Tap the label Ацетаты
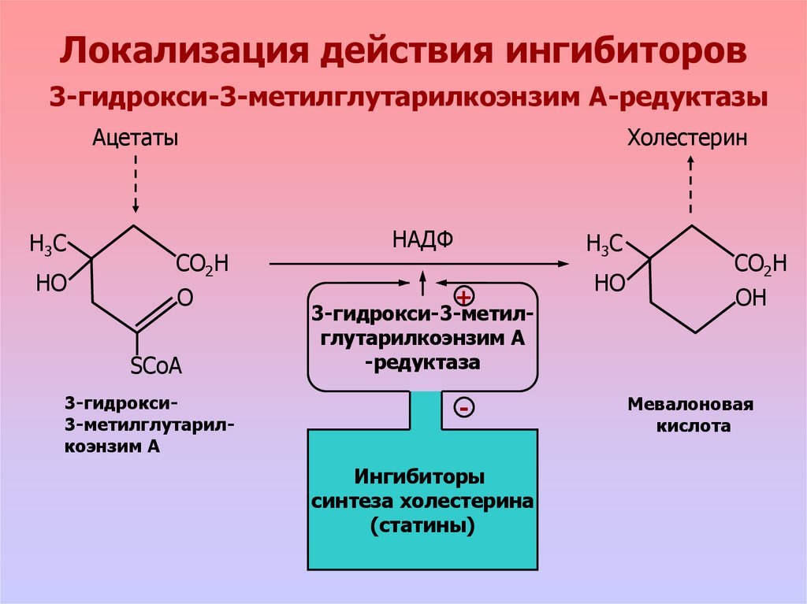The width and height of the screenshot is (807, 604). coord(135,139)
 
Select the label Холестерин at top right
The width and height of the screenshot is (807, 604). coord(688,139)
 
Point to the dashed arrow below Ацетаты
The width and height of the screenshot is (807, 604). coord(136,183)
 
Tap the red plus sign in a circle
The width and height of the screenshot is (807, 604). coord(463,297)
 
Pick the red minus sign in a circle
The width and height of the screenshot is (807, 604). coord(463,408)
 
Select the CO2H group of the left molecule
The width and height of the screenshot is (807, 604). coord(202,265)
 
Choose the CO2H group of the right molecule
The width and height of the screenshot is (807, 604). coord(760,265)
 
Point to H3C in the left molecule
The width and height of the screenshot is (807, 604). coord(48,243)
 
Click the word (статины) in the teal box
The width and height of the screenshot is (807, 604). coord(422,525)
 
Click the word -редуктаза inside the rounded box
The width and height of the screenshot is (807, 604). coord(422,364)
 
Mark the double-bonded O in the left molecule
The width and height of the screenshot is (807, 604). coord(185,298)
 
